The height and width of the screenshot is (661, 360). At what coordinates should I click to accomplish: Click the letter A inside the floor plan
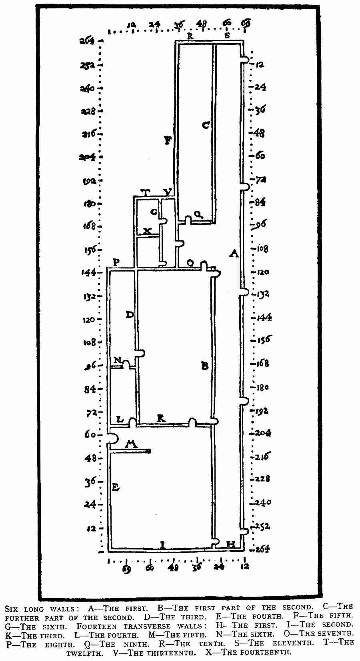(x=234, y=253)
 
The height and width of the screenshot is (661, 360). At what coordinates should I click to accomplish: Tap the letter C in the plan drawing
(x=206, y=125)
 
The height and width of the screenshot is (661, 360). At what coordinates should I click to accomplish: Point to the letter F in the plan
(x=168, y=140)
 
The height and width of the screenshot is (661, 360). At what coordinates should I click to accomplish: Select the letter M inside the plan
(x=131, y=444)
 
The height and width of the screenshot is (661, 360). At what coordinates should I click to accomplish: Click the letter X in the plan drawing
(x=147, y=231)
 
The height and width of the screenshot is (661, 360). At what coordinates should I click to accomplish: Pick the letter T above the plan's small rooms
(x=146, y=193)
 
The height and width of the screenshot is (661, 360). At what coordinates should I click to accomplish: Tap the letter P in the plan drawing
(x=116, y=262)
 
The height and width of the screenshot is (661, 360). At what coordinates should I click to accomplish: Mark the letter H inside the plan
(x=231, y=544)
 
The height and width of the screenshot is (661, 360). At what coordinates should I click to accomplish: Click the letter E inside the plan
(x=116, y=487)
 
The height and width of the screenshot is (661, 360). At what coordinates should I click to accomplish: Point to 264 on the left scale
(x=87, y=41)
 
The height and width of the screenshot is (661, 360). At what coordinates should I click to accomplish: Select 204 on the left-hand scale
(x=87, y=157)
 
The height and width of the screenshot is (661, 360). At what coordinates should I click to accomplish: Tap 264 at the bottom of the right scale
(x=262, y=548)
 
